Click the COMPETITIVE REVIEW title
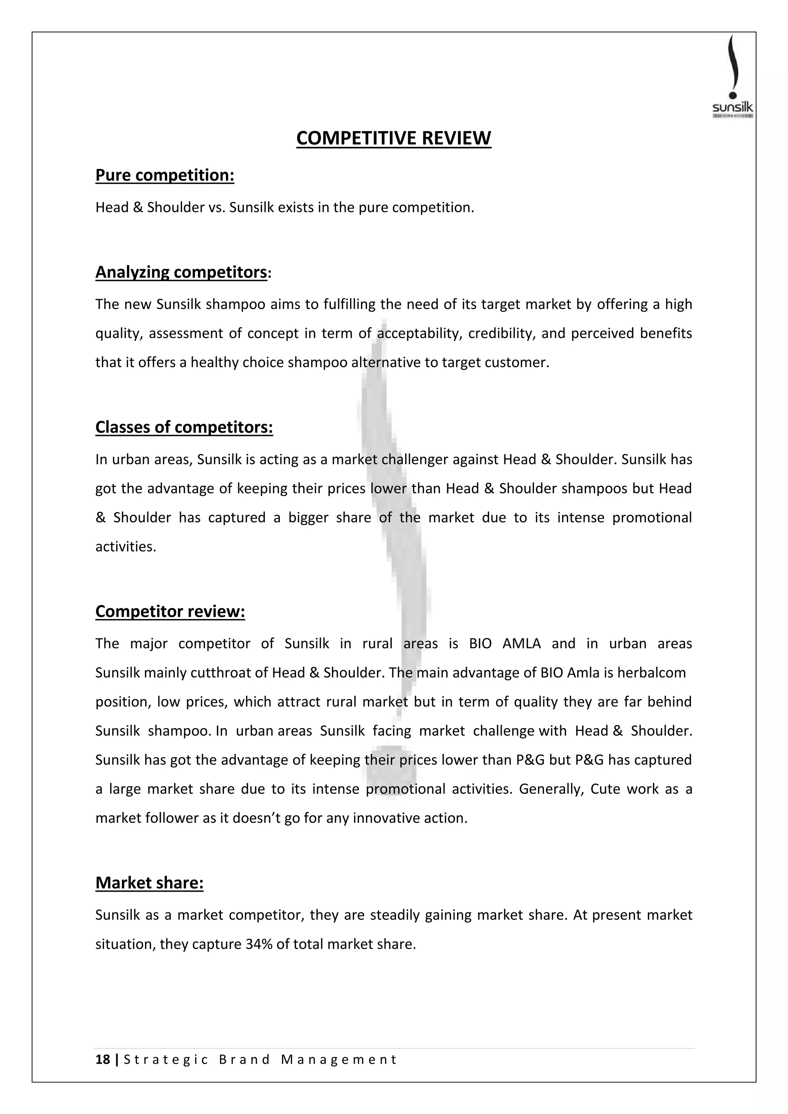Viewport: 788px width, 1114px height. pyautogui.click(x=394, y=138)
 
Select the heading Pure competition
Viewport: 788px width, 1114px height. pyautogui.click(x=165, y=175)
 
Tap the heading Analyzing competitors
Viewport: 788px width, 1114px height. pyautogui.click(x=181, y=272)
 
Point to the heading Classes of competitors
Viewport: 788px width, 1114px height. pyautogui.click(x=184, y=427)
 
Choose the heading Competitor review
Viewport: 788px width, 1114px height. pyautogui.click(x=170, y=611)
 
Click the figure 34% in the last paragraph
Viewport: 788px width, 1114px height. pyautogui.click(x=259, y=944)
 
